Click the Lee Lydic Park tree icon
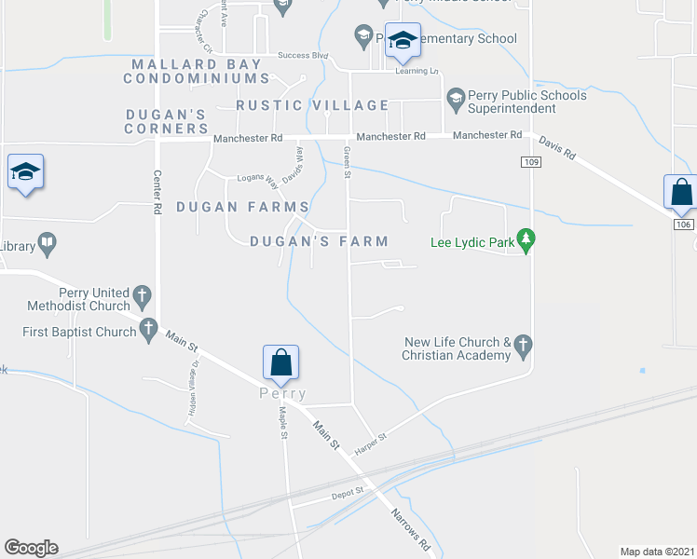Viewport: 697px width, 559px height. coord(526,240)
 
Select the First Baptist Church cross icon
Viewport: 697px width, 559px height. coord(147,329)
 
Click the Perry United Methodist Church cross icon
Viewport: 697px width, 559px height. coord(143,297)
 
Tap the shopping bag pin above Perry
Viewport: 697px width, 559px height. coord(280,362)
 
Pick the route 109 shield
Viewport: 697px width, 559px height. coord(530,162)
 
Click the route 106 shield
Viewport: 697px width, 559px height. coord(683,225)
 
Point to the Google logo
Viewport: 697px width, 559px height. coord(31,548)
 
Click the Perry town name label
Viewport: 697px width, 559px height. coord(282,394)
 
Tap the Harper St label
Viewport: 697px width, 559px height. coord(370,443)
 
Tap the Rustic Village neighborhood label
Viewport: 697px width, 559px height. coord(312,105)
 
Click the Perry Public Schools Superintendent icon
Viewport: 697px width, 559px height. coord(456,96)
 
